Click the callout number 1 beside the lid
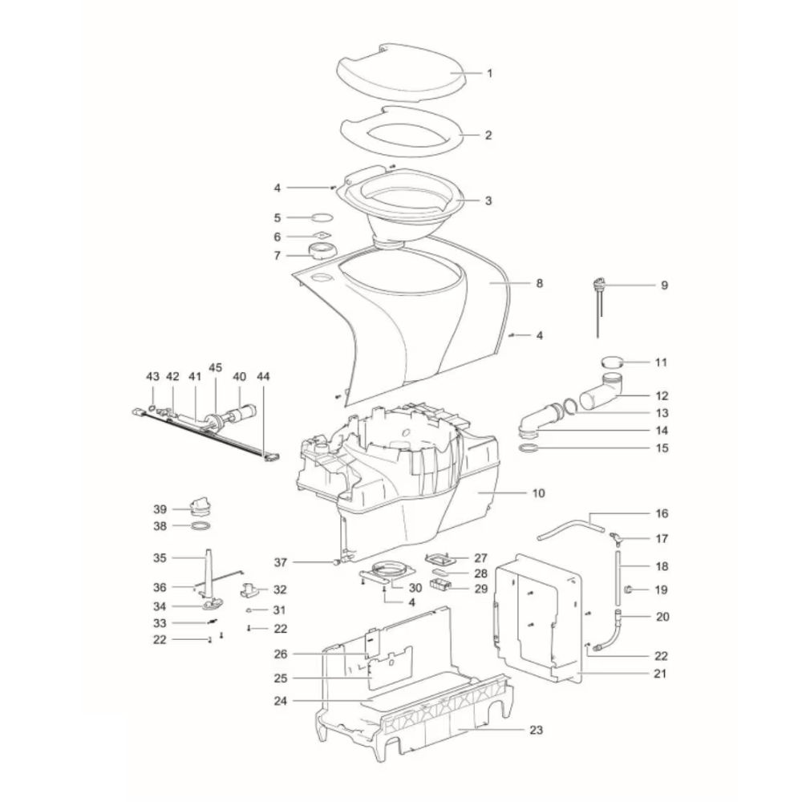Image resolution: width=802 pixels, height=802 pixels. click(489, 73)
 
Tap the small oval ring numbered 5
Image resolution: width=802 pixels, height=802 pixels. click(322, 217)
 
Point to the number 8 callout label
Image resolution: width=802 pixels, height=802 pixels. click(539, 283)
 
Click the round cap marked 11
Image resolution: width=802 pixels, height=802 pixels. click(612, 363)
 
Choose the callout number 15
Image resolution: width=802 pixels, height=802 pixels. click(662, 448)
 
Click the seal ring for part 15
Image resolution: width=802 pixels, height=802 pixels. click(529, 448)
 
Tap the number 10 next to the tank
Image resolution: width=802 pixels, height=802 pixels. click(539, 493)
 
